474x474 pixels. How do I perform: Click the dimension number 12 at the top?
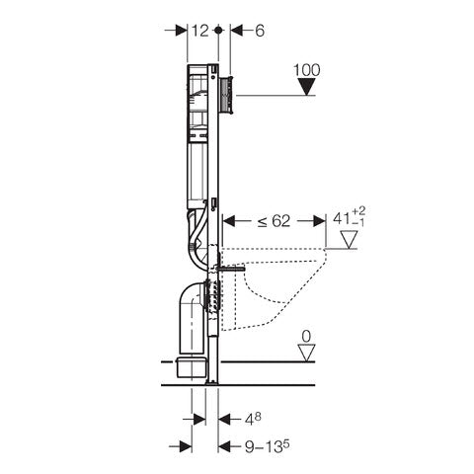[200, 31]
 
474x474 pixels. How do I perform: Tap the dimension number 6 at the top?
[260, 31]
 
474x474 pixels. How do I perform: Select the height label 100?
[306, 70]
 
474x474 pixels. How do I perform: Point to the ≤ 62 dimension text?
[274, 221]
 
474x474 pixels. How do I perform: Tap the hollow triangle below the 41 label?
[349, 239]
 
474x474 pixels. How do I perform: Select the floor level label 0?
[306, 337]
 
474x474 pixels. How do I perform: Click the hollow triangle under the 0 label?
[306, 353]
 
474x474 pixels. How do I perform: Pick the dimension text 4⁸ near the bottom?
[253, 419]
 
